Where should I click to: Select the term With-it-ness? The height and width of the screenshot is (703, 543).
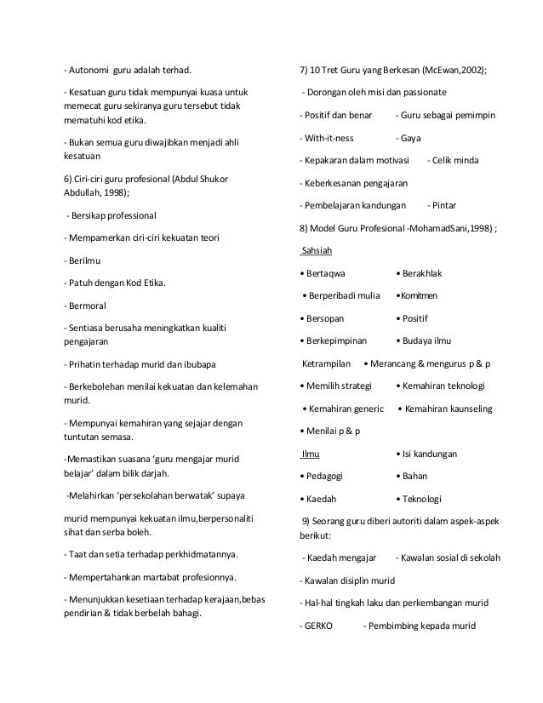coord(327,137)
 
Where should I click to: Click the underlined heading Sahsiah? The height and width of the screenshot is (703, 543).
coord(317,251)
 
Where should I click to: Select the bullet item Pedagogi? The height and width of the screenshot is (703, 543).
coord(334,476)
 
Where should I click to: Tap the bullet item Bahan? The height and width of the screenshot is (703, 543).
coord(417,476)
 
